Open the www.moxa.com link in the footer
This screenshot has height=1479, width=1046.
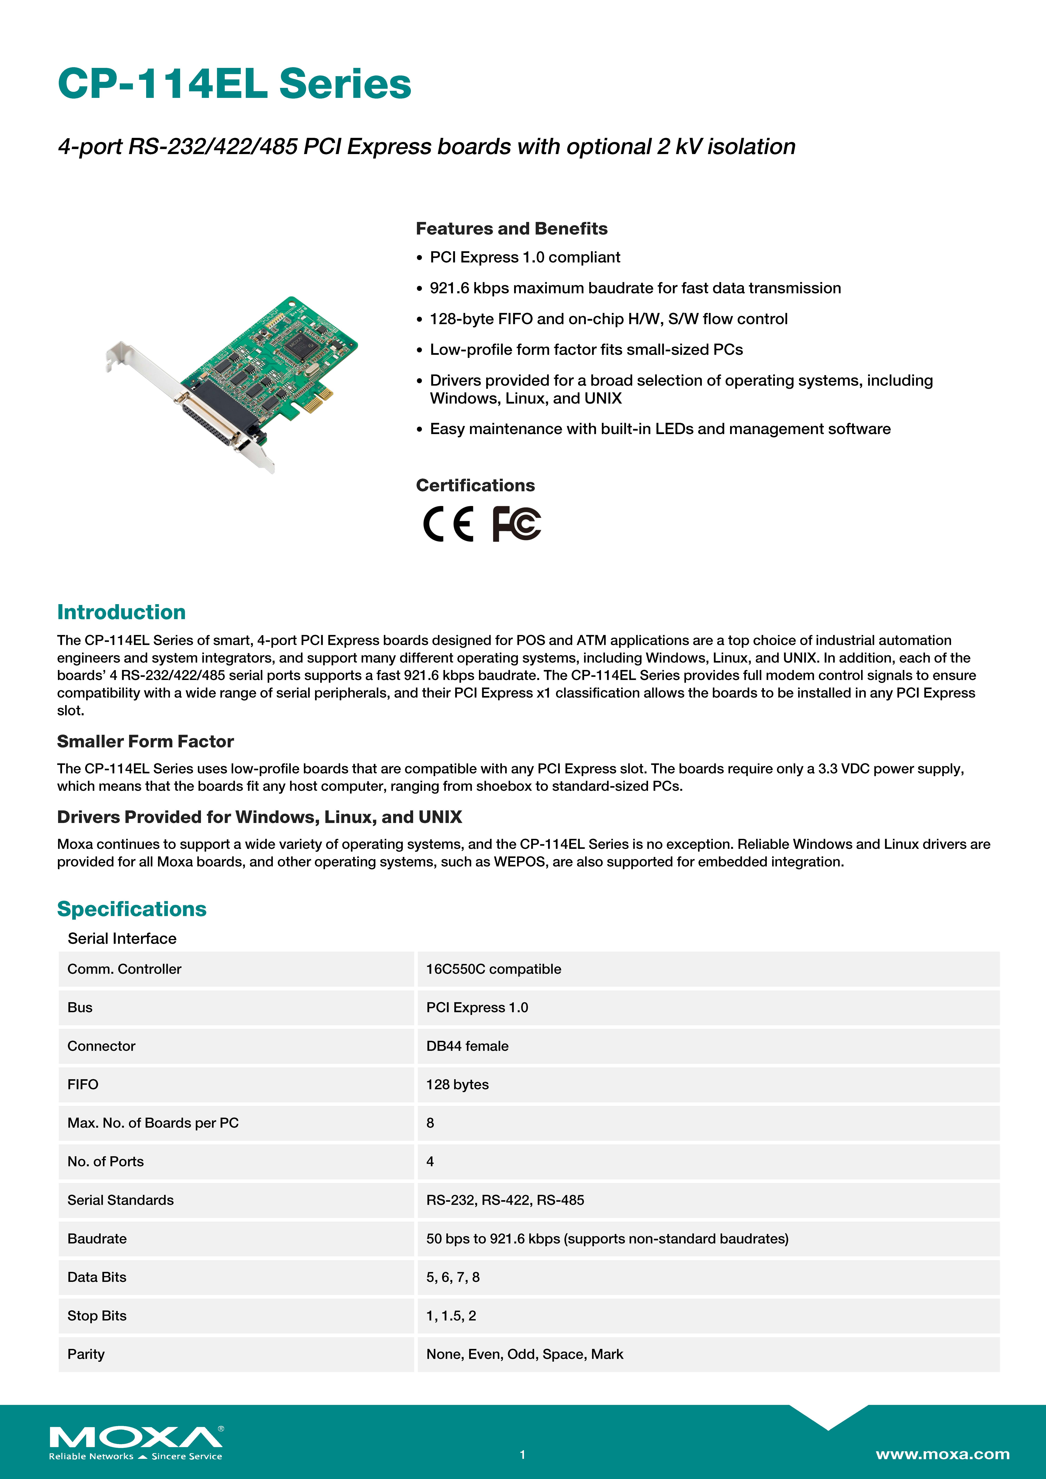942,1454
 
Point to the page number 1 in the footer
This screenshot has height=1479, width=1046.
523,1455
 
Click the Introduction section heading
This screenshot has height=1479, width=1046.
121,612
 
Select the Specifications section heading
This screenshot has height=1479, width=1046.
132,909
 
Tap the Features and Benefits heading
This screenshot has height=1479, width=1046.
511,229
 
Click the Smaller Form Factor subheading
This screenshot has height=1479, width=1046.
145,741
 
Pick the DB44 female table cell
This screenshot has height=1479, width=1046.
467,1046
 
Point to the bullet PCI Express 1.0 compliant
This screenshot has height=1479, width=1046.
525,258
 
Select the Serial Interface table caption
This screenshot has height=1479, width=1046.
122,939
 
